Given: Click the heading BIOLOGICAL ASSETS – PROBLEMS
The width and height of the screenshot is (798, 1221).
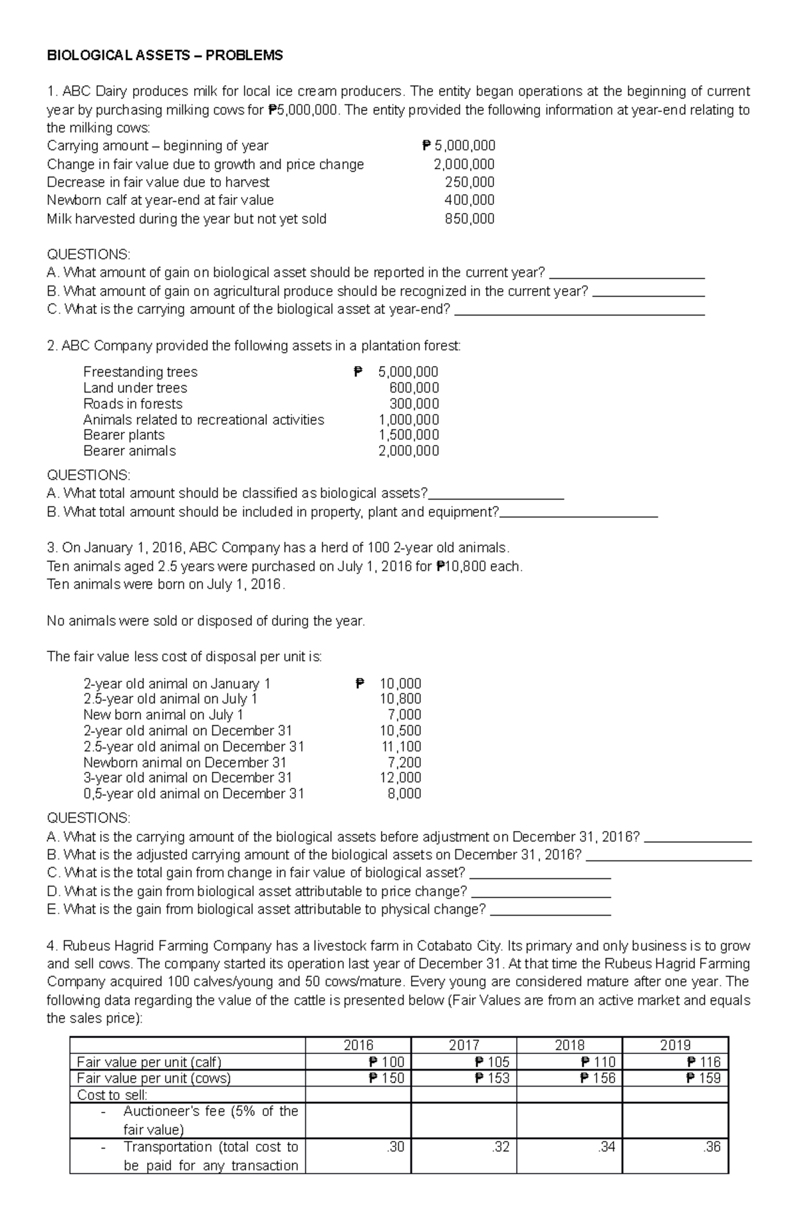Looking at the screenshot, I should [164, 55].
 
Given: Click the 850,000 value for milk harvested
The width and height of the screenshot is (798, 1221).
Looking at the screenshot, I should [469, 219].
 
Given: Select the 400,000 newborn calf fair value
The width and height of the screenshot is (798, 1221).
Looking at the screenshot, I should [469, 200].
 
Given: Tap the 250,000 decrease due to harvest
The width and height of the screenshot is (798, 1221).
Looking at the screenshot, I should [469, 182].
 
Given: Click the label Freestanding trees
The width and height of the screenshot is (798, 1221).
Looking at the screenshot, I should [140, 372].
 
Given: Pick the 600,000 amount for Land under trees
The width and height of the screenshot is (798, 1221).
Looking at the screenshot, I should [414, 388].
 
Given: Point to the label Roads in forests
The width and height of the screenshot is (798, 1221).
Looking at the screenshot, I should [132, 404].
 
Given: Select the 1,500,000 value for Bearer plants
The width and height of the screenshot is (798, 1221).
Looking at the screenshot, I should [408, 435].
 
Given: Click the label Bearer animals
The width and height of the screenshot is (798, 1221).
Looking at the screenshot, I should [130, 451].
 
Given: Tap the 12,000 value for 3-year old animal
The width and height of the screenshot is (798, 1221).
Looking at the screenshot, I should [400, 778].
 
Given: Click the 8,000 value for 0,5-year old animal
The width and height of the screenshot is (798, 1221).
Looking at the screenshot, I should [404, 794].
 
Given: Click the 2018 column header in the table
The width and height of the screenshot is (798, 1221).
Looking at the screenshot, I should [569, 1045].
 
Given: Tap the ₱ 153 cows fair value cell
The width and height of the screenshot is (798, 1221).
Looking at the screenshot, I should [492, 1078].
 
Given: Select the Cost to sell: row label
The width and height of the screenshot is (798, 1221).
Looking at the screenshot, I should [112, 1095].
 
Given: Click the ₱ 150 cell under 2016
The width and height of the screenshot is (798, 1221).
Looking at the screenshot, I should [386, 1078].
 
